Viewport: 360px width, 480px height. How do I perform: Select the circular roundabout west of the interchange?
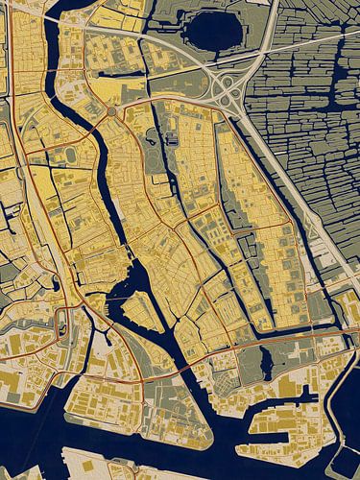111,112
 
